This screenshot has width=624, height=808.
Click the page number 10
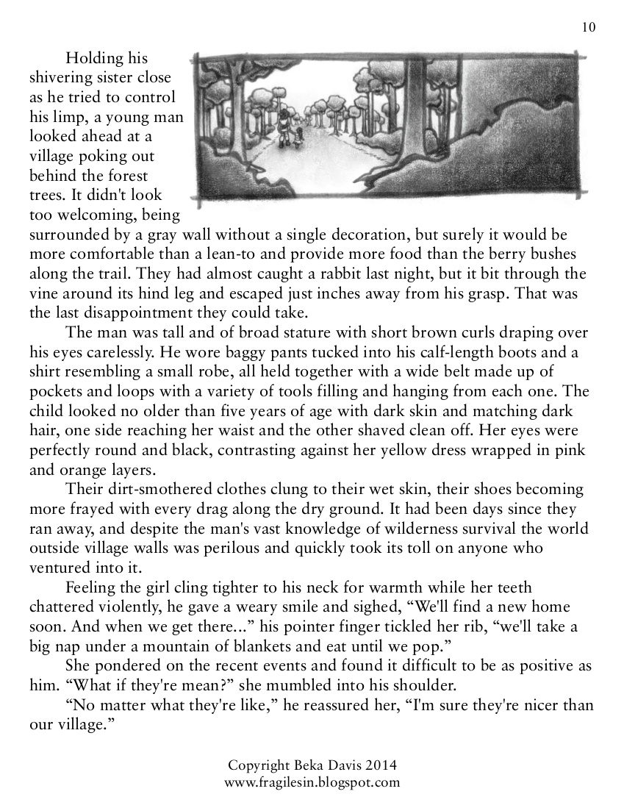588,28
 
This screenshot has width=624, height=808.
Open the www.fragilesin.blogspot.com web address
312,782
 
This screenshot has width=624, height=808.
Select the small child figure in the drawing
298,137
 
